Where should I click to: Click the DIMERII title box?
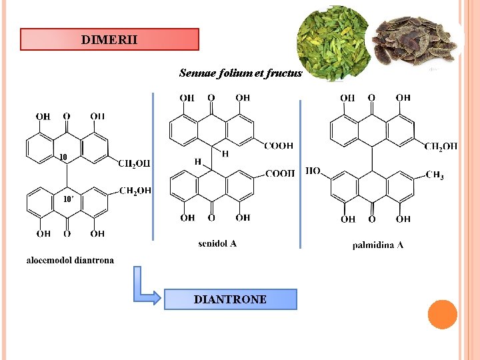click(109, 39)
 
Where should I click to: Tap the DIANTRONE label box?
click(230, 299)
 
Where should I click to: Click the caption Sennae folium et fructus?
click(241, 73)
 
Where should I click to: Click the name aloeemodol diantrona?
click(70, 260)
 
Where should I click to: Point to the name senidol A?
click(217, 244)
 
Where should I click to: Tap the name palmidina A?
click(378, 245)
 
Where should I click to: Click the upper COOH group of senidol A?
click(278, 146)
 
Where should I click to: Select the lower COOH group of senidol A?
click(280, 173)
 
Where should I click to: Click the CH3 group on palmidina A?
click(435, 176)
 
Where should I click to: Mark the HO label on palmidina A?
click(313, 171)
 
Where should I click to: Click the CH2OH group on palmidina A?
click(441, 146)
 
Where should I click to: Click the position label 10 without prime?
click(63, 157)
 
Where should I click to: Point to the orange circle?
click(442, 315)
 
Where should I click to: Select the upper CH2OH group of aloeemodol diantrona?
click(134, 163)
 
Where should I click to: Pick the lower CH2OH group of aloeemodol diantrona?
click(135, 191)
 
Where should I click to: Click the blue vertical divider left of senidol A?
click(153, 167)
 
